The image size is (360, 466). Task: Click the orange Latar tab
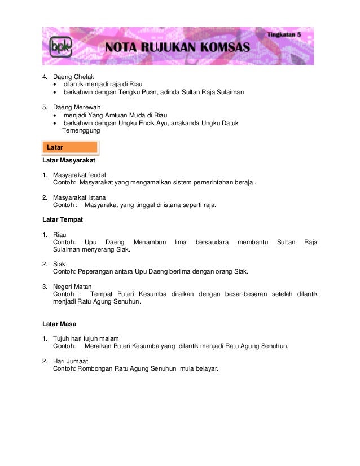coord(70,147)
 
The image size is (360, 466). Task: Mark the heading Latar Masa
coord(59,324)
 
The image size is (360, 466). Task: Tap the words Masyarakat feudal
coord(79,175)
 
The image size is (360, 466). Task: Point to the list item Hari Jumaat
coord(70,361)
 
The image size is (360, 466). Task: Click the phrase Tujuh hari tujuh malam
coord(85,338)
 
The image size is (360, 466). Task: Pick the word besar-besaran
coord(247,294)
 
